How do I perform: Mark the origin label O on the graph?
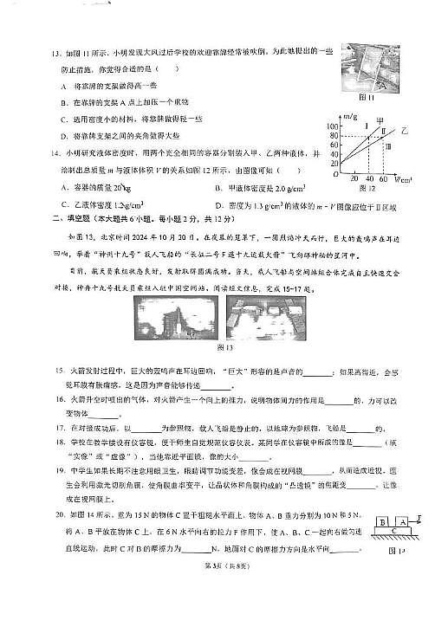[x=337, y=175]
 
